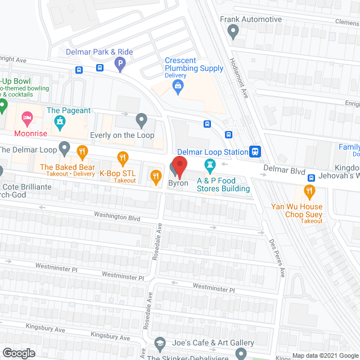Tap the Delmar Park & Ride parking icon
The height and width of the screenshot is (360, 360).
(119, 65)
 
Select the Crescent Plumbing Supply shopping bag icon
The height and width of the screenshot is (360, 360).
(178, 85)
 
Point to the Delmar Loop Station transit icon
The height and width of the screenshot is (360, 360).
(255, 151)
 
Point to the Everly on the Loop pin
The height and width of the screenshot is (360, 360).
(141, 119)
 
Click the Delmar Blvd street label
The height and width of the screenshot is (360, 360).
(285, 168)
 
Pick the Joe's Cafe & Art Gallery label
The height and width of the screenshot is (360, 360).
(205, 343)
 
